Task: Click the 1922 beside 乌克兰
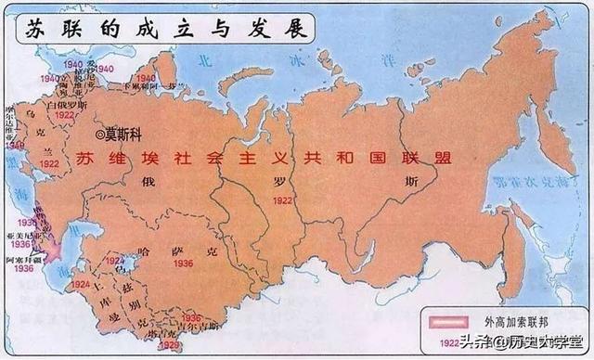[49, 163]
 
